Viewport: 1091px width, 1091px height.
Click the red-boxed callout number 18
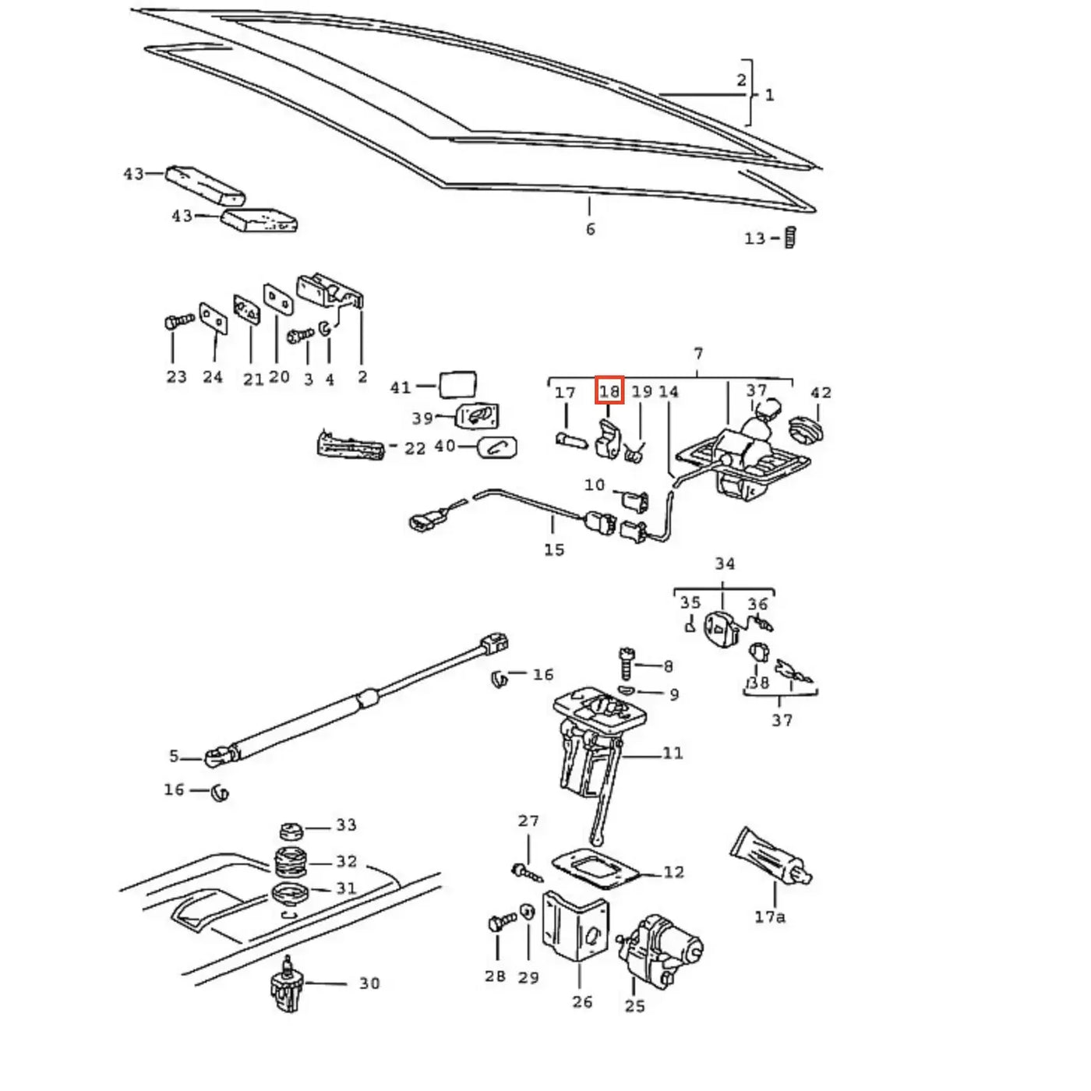pyautogui.click(x=609, y=390)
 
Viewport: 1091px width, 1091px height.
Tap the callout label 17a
pyautogui.click(x=769, y=916)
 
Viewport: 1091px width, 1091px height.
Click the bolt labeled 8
pyautogui.click(x=627, y=663)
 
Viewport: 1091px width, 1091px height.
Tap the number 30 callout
pyautogui.click(x=369, y=983)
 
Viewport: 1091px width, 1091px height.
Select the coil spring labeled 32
pyautogui.click(x=291, y=862)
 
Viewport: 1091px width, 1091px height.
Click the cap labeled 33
pyautogui.click(x=291, y=831)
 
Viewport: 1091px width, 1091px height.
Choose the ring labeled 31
pyautogui.click(x=291, y=893)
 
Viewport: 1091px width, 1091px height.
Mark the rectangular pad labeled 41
pyautogui.click(x=457, y=385)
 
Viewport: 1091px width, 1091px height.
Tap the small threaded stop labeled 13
pyautogui.click(x=791, y=237)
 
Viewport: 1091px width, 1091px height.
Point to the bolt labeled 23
pyautogui.click(x=178, y=322)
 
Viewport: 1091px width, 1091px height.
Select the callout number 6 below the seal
pyautogui.click(x=591, y=229)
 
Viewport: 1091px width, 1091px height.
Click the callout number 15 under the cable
pyautogui.click(x=554, y=549)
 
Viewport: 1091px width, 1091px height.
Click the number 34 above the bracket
pyautogui.click(x=725, y=564)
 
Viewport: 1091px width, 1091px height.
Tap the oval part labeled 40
pyautogui.click(x=498, y=447)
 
